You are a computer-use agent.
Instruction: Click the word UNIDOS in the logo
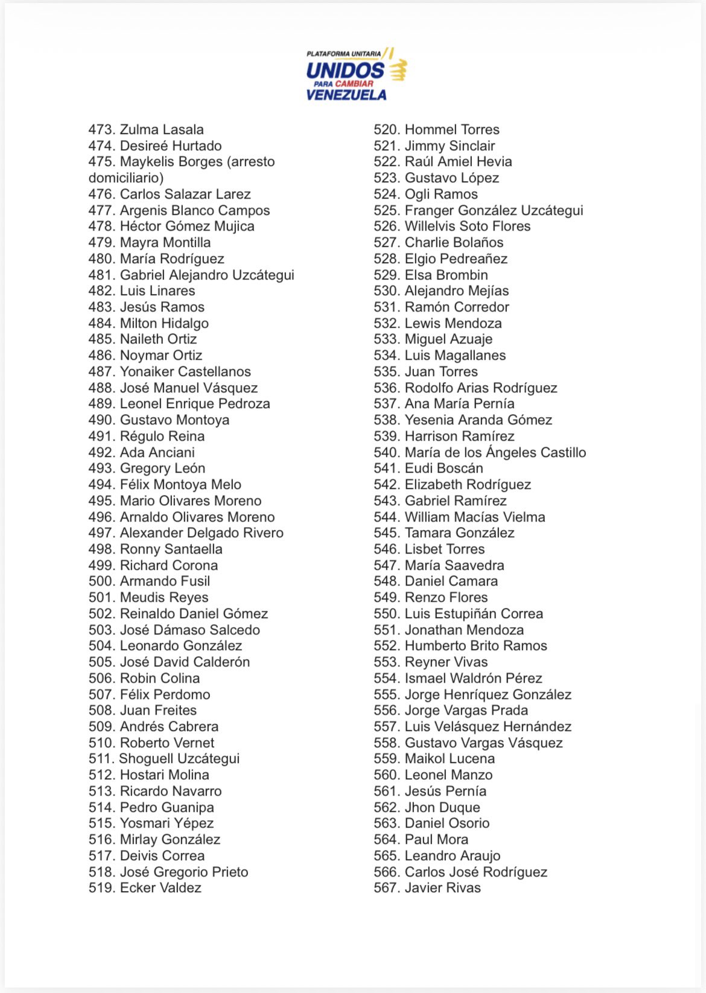tap(345, 71)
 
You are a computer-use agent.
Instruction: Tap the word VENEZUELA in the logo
tap(346, 95)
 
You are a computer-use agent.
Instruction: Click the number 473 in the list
tap(101, 130)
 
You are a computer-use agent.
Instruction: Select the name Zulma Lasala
tap(162, 130)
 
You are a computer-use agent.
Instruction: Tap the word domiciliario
tap(126, 178)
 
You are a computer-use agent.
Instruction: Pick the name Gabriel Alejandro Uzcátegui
tap(207, 275)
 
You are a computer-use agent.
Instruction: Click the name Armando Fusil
tap(165, 581)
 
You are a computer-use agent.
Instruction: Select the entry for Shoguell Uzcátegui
tap(179, 759)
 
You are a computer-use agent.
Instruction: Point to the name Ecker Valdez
tap(161, 888)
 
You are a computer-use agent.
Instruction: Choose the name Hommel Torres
tap(452, 130)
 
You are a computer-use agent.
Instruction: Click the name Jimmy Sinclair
tap(450, 146)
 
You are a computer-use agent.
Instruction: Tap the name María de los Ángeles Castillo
tap(495, 453)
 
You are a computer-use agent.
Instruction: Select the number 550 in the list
tap(386, 614)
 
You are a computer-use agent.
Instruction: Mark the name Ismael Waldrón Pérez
tap(473, 678)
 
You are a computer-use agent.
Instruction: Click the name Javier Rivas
tap(442, 888)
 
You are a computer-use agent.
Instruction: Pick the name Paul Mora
tap(436, 840)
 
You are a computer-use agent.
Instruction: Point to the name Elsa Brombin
tap(446, 275)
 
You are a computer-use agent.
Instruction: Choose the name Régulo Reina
tap(162, 436)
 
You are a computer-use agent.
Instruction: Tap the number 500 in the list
tap(101, 581)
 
